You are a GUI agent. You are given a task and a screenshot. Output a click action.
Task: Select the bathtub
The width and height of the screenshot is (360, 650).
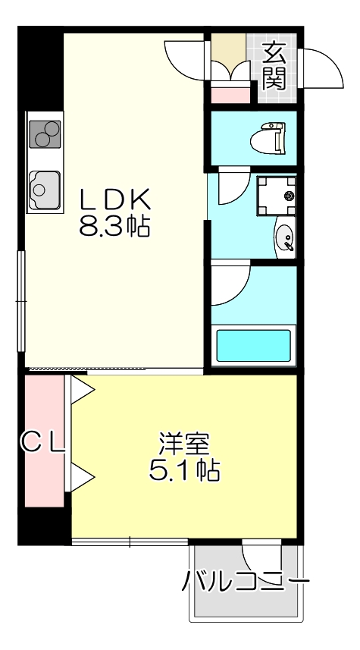(254, 346)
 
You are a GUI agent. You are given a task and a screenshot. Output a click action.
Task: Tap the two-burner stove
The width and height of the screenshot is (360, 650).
(45, 134)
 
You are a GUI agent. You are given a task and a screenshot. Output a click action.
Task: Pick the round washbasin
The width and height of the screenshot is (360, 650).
(284, 237)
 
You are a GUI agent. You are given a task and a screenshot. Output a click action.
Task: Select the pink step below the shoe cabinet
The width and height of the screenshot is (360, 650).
(230, 95)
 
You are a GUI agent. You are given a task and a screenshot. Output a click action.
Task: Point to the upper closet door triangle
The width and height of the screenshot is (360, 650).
(82, 390)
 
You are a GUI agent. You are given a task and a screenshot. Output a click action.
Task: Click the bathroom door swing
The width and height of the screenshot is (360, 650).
(230, 281)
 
